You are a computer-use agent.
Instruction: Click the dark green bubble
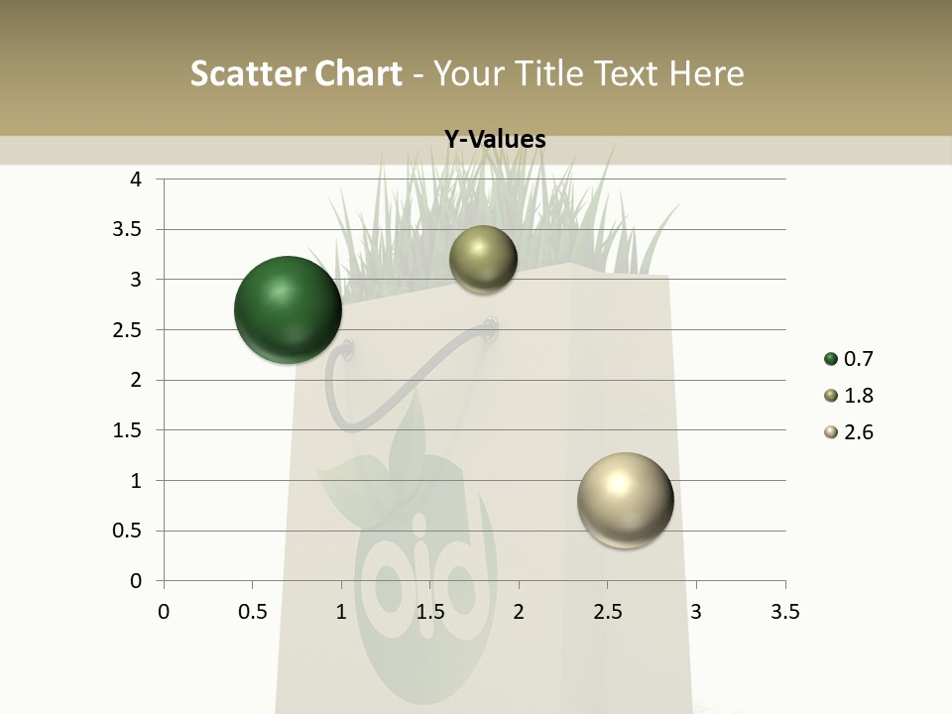pyautogui.click(x=288, y=309)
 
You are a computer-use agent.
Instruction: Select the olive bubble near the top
pyautogui.click(x=483, y=260)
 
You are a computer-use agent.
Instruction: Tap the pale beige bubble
pyautogui.click(x=625, y=500)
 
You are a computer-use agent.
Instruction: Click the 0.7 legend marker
pyautogui.click(x=830, y=359)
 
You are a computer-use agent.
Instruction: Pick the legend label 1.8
pyautogui.click(x=858, y=396)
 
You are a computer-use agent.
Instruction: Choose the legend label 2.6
pyautogui.click(x=858, y=432)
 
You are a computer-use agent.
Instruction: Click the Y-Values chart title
pyautogui.click(x=494, y=140)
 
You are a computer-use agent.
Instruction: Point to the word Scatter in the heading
pyautogui.click(x=248, y=73)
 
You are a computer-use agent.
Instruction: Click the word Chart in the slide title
pyautogui.click(x=358, y=73)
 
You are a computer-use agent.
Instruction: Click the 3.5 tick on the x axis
pyautogui.click(x=784, y=612)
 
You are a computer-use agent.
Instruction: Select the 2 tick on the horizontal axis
pyautogui.click(x=519, y=612)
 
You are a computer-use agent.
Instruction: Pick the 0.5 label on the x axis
pyautogui.click(x=252, y=612)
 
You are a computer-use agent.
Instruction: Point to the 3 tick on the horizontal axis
pyautogui.click(x=696, y=612)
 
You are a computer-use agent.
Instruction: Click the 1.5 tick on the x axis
pyautogui.click(x=429, y=612)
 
